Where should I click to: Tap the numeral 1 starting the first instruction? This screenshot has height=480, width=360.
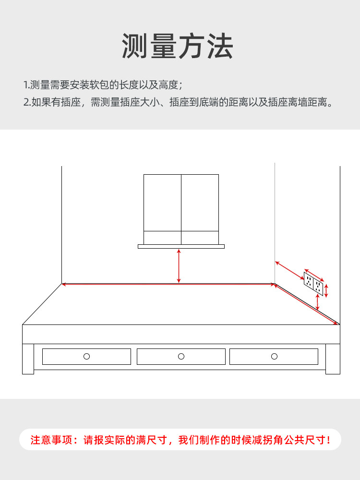25,85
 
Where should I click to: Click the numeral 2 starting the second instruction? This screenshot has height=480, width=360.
26,102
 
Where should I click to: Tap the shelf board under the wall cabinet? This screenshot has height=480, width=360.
181,246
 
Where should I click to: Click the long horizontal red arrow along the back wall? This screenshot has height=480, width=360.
168,284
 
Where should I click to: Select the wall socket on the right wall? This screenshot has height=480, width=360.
313,283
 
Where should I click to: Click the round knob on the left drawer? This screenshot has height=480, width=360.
86,356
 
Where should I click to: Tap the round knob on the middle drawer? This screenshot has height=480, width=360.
181,356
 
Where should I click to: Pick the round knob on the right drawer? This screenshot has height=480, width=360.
274,356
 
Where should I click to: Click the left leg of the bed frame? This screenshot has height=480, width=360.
28,359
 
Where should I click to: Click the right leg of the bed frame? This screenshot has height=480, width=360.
333,359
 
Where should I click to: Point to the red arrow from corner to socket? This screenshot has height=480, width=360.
289,270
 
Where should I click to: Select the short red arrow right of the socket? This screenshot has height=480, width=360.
326,290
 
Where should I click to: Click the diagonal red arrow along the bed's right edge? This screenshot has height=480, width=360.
305,304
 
